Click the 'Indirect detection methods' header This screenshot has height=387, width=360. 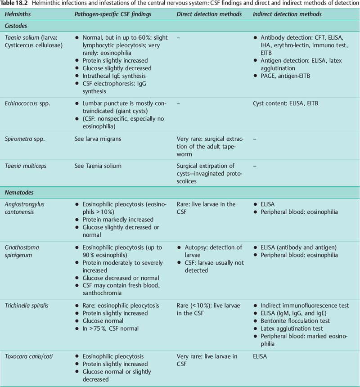tap(287, 14)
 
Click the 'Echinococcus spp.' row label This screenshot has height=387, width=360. tap(27, 103)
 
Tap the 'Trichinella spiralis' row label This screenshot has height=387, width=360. tap(28, 306)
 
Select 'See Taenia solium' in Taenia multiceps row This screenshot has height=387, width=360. tap(98, 166)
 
